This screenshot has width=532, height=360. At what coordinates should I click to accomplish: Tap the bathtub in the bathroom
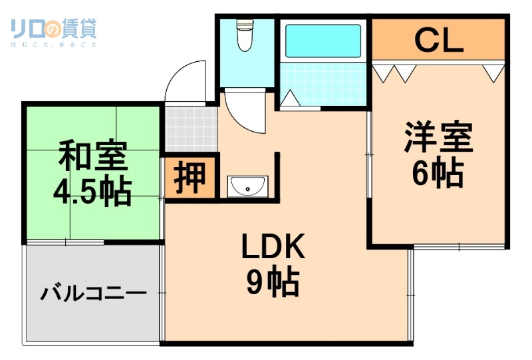click(323, 41)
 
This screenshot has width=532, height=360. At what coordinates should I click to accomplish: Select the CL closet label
click(438, 41)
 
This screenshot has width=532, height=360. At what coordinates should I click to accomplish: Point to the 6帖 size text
click(437, 174)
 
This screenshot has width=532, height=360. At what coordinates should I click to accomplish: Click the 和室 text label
click(92, 157)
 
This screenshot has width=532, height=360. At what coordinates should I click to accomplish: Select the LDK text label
click(273, 248)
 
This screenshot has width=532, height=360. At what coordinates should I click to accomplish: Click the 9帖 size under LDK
click(273, 284)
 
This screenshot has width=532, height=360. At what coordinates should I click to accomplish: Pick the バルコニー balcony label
click(94, 293)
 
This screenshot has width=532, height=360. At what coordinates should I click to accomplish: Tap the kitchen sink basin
click(247, 186)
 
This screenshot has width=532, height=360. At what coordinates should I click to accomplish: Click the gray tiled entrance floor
click(191, 128)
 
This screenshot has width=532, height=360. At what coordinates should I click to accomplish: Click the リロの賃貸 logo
click(54, 28)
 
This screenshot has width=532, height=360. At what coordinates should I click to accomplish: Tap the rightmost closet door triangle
click(493, 73)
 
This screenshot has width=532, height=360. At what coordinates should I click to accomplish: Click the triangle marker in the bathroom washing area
click(290, 98)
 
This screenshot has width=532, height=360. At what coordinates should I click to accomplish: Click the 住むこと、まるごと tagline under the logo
click(54, 45)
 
